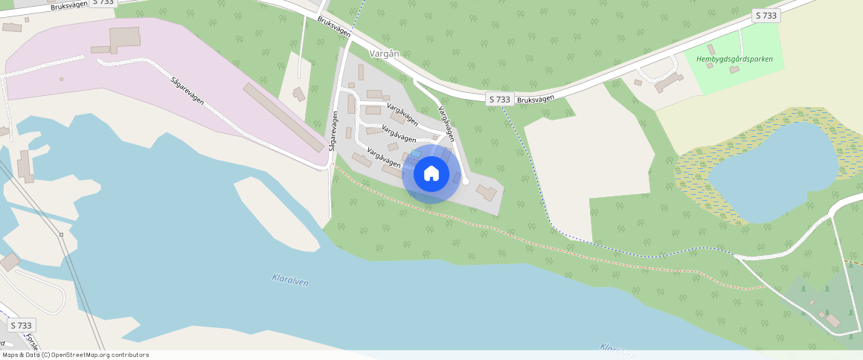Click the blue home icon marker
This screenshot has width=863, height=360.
[x=431, y=174]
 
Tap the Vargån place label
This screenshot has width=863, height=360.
[x=384, y=54]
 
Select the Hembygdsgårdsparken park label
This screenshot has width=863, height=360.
[x=734, y=60]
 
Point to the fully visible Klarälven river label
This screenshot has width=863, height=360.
[x=290, y=280]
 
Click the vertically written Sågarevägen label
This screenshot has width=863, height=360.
[x=334, y=132]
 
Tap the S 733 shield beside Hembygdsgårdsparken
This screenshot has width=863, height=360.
[x=766, y=16]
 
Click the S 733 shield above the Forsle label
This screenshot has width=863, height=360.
[x=22, y=326]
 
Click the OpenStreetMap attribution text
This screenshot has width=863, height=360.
[x=75, y=355]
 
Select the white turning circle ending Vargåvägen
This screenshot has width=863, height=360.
[x=466, y=181]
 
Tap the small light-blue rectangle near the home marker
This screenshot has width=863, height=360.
[x=415, y=153]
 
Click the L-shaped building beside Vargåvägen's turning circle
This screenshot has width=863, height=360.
[x=487, y=193]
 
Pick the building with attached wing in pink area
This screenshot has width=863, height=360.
[x=123, y=39]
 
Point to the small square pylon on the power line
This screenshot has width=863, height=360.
[x=61, y=235]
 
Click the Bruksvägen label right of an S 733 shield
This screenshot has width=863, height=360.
[x=534, y=98]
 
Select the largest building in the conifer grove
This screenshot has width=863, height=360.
[x=832, y=320]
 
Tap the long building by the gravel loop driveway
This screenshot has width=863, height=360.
[x=668, y=82]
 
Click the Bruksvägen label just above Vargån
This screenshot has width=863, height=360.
[x=333, y=30]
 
